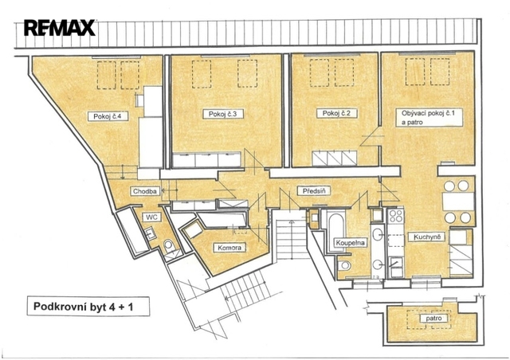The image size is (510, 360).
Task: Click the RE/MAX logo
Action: click(60, 28)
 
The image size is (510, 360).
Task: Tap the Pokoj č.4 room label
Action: click(108, 116)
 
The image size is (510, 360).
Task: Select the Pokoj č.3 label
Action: click(223, 114)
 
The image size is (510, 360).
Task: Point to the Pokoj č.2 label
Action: click(336, 113)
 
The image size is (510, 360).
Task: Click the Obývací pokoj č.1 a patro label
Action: click(429, 117)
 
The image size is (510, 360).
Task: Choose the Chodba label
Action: click(145, 191)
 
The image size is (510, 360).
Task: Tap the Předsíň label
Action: click(314, 191)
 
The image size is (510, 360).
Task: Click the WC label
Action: click(152, 217)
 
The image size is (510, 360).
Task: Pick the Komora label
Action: click(229, 248)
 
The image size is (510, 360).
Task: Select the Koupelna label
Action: click(351, 243)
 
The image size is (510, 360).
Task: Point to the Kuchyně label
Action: click(427, 237)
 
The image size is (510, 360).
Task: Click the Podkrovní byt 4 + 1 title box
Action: click(88, 307)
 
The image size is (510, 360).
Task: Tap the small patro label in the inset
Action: click(433, 318)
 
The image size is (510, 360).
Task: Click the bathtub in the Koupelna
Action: click(336, 230)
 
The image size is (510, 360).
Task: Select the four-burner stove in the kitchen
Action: click(396, 216)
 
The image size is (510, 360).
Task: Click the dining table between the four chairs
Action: click(458, 202)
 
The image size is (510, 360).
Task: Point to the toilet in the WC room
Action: click(169, 245)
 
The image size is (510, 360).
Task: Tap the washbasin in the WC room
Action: click(151, 233)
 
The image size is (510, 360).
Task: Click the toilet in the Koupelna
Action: click(344, 266)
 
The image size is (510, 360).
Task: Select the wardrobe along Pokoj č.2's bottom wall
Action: click(335, 158)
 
